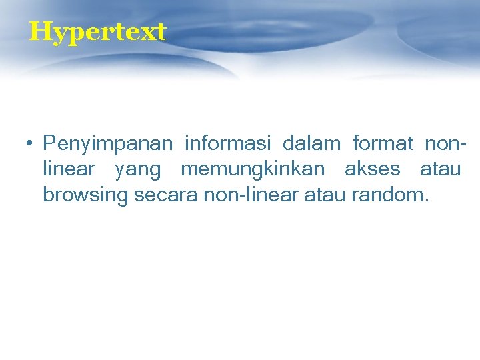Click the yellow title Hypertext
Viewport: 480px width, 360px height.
point(97,31)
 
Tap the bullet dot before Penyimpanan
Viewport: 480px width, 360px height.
point(30,143)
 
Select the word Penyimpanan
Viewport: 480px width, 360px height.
point(107,144)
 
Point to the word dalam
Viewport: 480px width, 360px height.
point(311,143)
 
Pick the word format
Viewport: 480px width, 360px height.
point(383,143)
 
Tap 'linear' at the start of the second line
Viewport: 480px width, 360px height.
point(69,169)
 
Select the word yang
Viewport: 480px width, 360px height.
point(138,171)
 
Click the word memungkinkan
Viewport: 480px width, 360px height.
point(253,170)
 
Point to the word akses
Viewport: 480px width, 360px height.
point(372,169)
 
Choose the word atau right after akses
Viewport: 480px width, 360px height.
point(440,169)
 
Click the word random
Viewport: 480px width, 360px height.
point(389,195)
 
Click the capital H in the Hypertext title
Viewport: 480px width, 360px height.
point(39,31)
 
